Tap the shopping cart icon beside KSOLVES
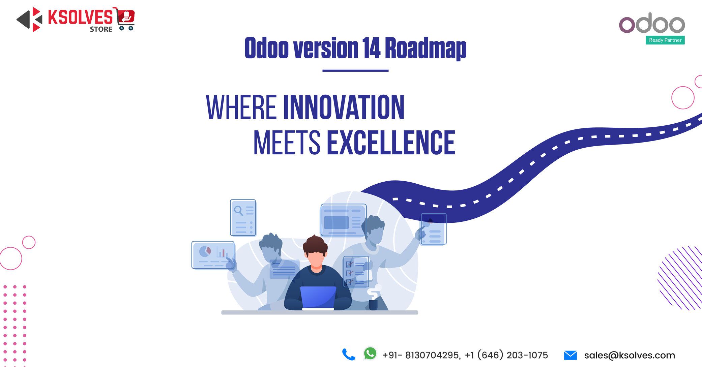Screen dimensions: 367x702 click(x=126, y=20)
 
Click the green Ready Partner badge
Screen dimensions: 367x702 click(x=665, y=40)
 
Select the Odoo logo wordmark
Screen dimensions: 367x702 click(x=652, y=24)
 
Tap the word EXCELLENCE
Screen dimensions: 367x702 click(x=391, y=143)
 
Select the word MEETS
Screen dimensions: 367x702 click(x=287, y=143)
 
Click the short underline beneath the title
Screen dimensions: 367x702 click(x=355, y=71)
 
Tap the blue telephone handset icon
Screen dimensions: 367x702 click(x=349, y=355)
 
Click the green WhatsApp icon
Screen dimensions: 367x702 click(x=370, y=354)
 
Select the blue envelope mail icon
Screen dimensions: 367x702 click(x=570, y=355)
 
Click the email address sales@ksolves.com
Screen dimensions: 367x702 click(x=630, y=355)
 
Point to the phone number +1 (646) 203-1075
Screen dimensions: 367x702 click(x=506, y=355)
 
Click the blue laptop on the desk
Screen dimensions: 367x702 click(x=318, y=297)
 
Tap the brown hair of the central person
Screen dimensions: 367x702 click(x=315, y=244)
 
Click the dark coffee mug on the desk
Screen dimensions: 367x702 click(x=373, y=305)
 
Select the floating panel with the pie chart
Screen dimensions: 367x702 click(x=213, y=255)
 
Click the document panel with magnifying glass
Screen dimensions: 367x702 click(x=243, y=218)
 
